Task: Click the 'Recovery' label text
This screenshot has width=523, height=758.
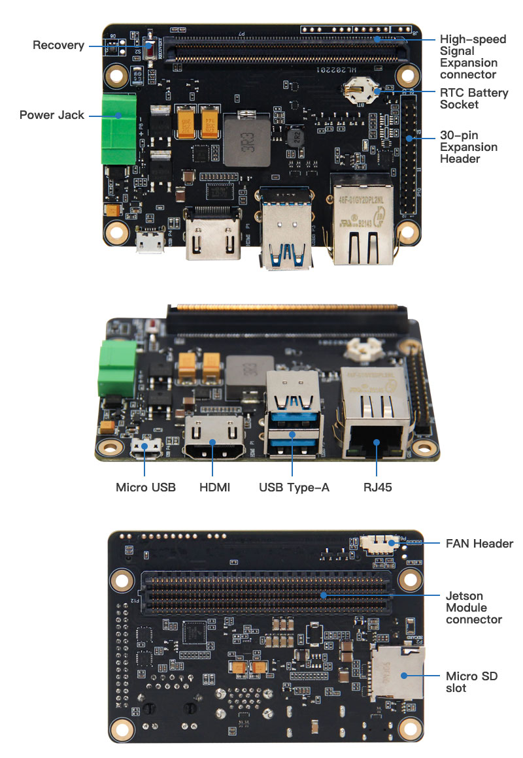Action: (x=58, y=45)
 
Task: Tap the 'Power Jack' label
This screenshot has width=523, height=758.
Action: (x=52, y=115)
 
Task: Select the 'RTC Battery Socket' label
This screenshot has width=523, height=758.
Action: (x=473, y=99)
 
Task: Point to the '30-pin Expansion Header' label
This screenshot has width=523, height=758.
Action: (x=469, y=146)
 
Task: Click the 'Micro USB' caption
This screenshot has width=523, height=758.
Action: (x=146, y=487)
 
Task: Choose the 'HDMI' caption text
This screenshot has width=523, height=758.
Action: (x=214, y=487)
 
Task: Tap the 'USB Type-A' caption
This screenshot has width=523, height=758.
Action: (x=294, y=487)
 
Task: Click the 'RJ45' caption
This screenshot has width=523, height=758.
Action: (x=377, y=487)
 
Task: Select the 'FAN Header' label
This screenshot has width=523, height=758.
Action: (x=479, y=543)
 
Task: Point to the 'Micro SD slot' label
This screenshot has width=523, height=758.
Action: (x=471, y=682)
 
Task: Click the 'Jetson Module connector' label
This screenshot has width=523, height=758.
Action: (x=473, y=607)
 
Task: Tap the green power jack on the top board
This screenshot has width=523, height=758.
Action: (x=118, y=129)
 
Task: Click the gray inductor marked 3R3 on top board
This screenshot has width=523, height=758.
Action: (x=246, y=141)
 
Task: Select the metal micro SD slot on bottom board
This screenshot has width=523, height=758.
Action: (x=396, y=672)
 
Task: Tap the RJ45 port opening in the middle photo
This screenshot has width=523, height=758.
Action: (x=375, y=444)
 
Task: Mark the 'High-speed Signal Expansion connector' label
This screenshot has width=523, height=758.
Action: (x=473, y=57)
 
